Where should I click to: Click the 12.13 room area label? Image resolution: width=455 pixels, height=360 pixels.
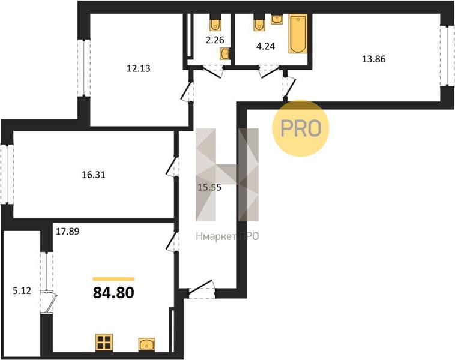click(139, 68)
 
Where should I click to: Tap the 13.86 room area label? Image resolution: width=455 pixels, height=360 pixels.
click(374, 59)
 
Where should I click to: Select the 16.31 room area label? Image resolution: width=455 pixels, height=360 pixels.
click(94, 175)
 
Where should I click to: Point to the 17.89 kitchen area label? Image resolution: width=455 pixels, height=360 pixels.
click(68, 231)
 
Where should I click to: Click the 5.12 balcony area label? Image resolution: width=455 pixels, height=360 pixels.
click(22, 290)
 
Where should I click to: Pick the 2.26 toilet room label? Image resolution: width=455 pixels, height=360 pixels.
click(215, 40)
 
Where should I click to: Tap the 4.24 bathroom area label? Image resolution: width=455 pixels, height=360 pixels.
click(265, 46)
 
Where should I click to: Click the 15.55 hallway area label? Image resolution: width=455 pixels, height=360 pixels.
click(209, 187)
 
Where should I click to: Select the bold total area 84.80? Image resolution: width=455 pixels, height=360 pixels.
click(113, 292)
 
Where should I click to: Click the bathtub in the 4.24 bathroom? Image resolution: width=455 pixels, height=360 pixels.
click(298, 34)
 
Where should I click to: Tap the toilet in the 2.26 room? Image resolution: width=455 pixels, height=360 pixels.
click(215, 23)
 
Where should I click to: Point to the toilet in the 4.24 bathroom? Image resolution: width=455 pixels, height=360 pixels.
click(259, 23)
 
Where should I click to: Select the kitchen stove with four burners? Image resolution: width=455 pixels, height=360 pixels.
click(104, 343)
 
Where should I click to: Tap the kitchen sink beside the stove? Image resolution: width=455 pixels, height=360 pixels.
click(146, 344)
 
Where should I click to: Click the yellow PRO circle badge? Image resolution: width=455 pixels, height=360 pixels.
click(301, 128)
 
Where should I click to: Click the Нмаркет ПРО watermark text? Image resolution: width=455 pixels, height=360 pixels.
click(227, 236)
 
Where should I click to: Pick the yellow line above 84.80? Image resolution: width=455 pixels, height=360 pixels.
click(114, 279)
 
